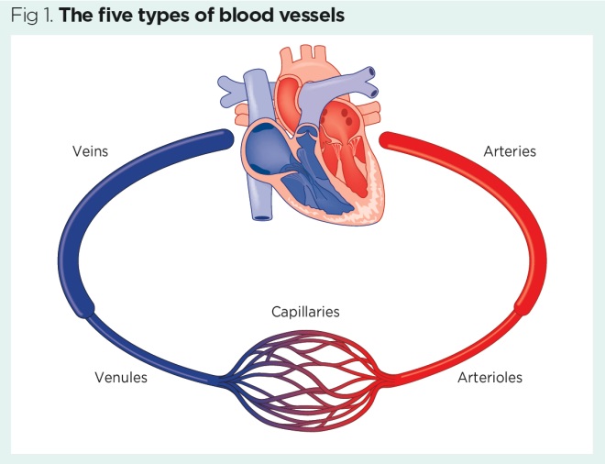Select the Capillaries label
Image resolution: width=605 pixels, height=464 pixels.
(x=305, y=312)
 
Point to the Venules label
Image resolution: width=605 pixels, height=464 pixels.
(x=120, y=377)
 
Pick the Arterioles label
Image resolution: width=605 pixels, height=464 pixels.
(x=490, y=377)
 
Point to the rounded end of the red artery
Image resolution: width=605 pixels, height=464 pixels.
(x=386, y=139)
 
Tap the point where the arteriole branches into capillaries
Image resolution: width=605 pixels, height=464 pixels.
(x=389, y=377)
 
